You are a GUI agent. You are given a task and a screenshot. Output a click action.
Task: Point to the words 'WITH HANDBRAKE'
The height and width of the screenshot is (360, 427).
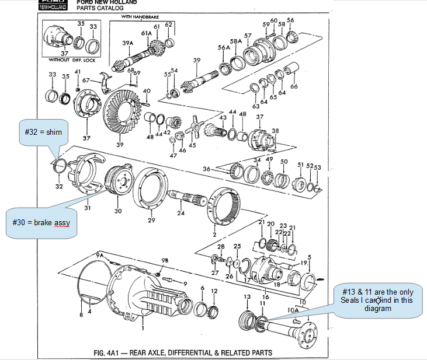[x=140, y=18]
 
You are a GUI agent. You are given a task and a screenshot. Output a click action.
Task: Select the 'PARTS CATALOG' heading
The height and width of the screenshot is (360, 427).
[x=100, y=8]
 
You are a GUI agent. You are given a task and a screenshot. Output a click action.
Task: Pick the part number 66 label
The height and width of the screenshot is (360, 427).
[x=294, y=86]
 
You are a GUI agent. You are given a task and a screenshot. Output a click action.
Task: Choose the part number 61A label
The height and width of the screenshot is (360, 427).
[x=147, y=34]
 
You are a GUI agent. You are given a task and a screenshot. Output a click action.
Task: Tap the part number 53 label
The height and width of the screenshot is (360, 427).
[x=317, y=167]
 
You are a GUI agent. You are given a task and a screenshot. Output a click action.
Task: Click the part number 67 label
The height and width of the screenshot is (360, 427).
[x=86, y=81]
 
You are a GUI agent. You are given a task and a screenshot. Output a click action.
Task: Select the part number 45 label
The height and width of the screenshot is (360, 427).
[x=192, y=145]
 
